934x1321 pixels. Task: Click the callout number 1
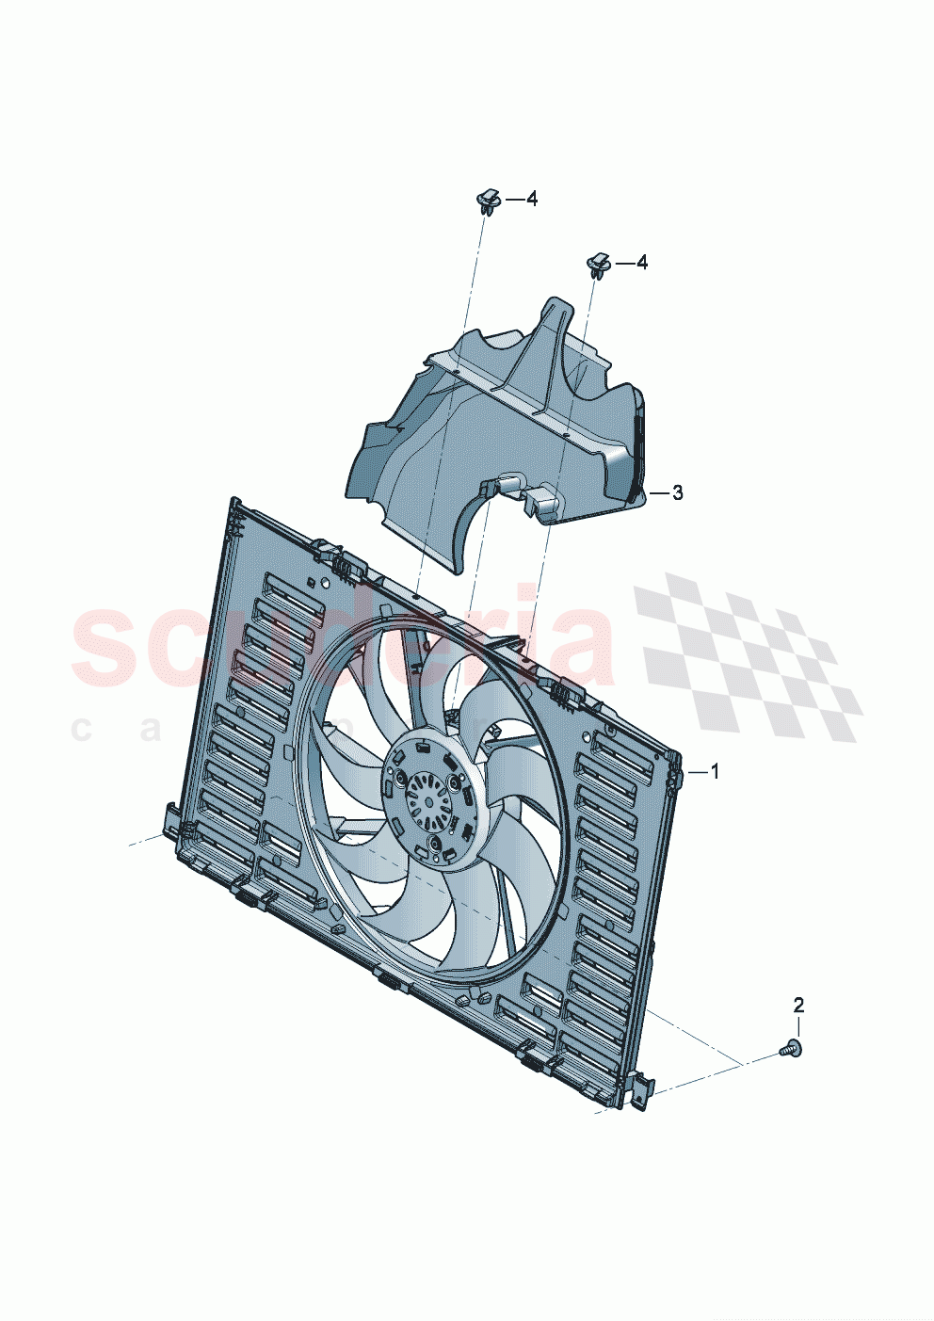pyautogui.click(x=715, y=772)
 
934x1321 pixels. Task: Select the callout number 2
pyautogui.click(x=798, y=1005)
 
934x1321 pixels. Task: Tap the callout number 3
pyautogui.click(x=677, y=493)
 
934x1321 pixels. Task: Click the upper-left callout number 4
pyautogui.click(x=531, y=199)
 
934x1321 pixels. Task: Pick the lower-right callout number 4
pyautogui.click(x=641, y=263)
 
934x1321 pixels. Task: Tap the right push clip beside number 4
pyautogui.click(x=598, y=265)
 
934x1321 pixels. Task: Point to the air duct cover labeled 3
pyautogui.click(x=499, y=424)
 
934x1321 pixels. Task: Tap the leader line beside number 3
pyautogui.click(x=659, y=493)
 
